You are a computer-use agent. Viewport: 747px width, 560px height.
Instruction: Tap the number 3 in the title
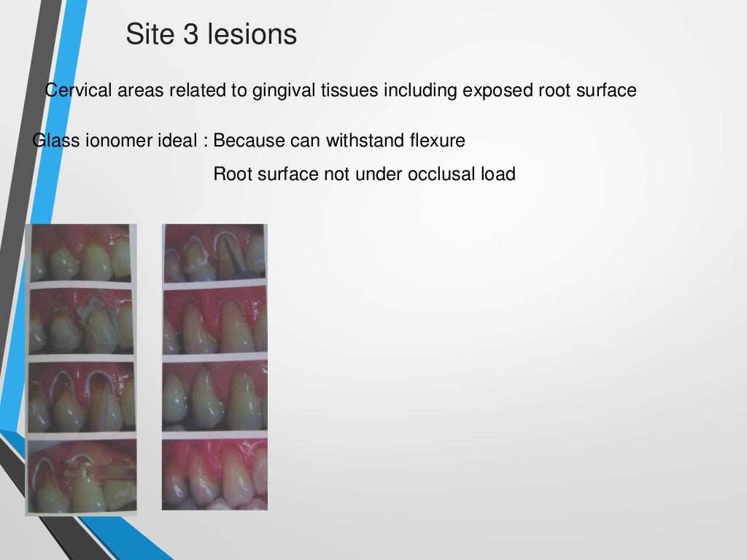191,34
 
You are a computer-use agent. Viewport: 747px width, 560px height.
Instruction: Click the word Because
245,141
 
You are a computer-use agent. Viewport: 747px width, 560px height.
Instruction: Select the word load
499,174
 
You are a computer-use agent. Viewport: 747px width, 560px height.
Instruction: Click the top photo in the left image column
80,253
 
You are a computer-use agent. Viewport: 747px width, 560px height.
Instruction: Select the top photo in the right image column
214,253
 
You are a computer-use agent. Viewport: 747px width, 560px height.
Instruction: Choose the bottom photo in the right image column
214,474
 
